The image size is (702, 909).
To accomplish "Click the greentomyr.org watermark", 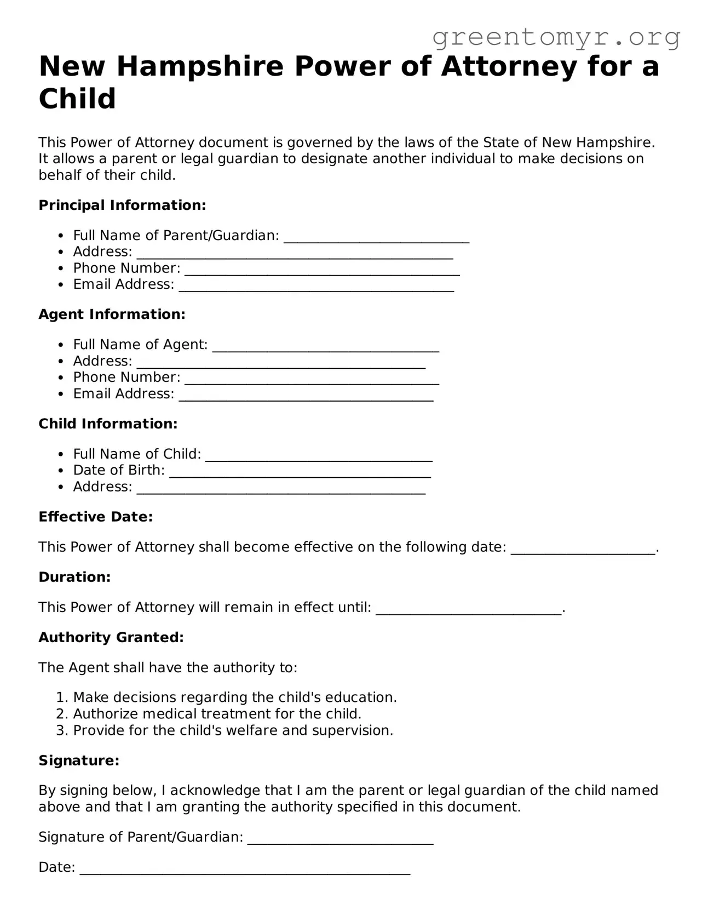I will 556,37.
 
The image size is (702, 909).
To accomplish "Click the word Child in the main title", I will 77,99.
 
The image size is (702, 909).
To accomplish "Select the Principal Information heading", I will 122,205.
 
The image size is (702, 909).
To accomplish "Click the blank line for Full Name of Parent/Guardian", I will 376,237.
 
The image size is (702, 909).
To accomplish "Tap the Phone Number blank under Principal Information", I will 322,270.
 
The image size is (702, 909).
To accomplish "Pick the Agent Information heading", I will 112,315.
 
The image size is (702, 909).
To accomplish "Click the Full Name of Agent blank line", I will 325,346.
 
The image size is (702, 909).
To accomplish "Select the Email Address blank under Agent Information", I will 306,395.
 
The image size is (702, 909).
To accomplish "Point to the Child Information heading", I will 108,424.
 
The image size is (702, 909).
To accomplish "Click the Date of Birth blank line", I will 300,472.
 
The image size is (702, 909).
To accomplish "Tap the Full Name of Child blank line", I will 319,455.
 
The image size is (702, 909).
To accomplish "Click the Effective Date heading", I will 95,517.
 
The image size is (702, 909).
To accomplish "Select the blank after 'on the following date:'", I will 583,548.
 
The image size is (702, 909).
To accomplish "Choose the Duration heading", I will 74,578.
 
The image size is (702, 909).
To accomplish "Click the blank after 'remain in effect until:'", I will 469,609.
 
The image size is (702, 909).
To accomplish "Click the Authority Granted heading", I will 111,638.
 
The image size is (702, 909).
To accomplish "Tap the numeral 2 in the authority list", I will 60,714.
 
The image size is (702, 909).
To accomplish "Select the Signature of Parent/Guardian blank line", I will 340,838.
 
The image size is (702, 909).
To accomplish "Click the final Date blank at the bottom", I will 245,868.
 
